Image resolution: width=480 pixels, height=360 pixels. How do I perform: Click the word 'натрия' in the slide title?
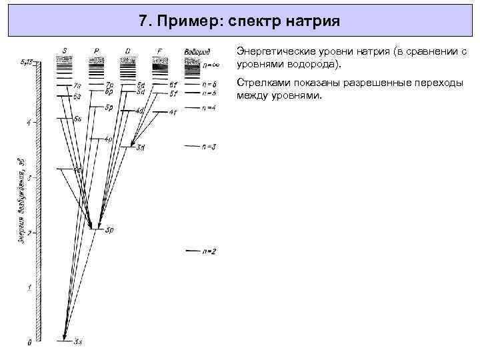pyautogui.click(x=313, y=21)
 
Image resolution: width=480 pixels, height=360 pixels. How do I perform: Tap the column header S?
pyautogui.click(x=65, y=51)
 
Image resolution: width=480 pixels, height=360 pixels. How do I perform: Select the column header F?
pyautogui.click(x=159, y=51)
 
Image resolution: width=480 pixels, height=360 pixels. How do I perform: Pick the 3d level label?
pyautogui.click(x=141, y=147)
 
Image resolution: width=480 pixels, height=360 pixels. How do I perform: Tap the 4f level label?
pyautogui.click(x=173, y=112)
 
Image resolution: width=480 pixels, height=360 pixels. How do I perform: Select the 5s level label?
pyautogui.click(x=77, y=119)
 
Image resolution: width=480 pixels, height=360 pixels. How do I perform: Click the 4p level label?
pyautogui.click(x=108, y=139)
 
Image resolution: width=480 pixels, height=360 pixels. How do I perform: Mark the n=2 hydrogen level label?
pyautogui.click(x=209, y=251)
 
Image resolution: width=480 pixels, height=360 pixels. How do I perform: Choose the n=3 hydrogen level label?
pyautogui.click(x=209, y=146)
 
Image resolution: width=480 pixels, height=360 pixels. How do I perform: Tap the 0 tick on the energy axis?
pyautogui.click(x=29, y=343)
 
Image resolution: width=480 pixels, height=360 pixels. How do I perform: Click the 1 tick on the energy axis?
pyautogui.click(x=29, y=288)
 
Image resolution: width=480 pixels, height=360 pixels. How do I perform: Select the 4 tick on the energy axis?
pyautogui.click(x=29, y=123)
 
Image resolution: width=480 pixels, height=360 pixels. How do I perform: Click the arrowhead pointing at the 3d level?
pyautogui.click(x=133, y=144)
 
